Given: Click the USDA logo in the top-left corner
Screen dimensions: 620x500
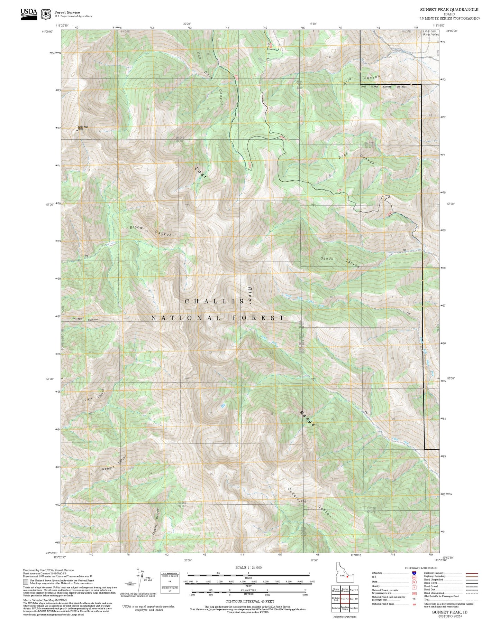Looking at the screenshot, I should click(29, 13).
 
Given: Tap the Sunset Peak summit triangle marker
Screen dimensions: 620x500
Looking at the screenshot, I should click(77, 130).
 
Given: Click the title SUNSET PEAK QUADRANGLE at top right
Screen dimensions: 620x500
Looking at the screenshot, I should click(449, 10).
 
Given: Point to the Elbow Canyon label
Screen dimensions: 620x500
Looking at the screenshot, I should click(151, 231).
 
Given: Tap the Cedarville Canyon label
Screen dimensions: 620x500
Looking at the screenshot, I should click(309, 503).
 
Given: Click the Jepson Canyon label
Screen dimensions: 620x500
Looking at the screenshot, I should click(85, 319).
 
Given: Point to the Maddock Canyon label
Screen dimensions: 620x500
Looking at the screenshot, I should click(115, 464).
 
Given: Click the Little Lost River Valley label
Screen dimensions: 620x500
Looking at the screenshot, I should click(430, 33).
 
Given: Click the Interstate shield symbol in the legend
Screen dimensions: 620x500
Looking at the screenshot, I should click(414, 573).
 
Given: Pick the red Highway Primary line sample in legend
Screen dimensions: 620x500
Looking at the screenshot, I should click(472, 573).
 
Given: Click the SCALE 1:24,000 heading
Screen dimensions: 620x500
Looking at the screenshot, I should click(248, 567).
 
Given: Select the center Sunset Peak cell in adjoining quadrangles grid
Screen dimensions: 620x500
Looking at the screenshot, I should click(345, 599).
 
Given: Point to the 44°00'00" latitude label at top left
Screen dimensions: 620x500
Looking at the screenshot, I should click(47, 31).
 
